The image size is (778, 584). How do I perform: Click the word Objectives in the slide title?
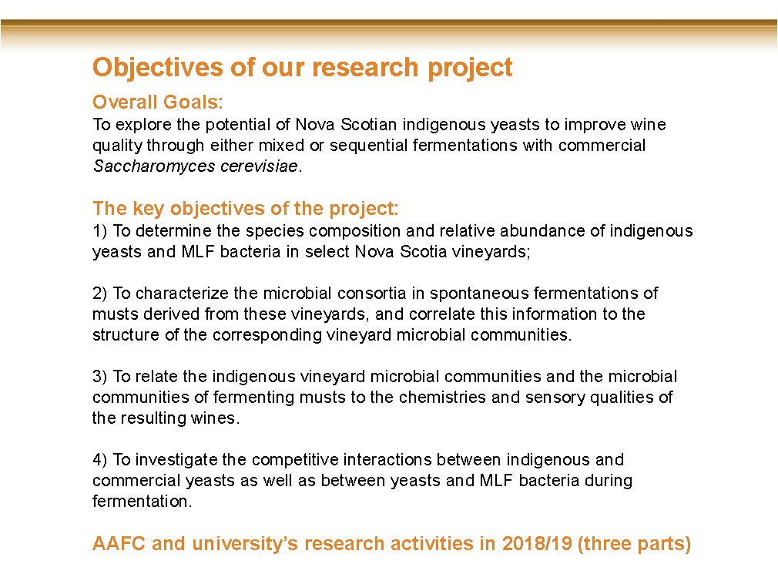(158, 68)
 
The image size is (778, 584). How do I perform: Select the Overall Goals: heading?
(158, 102)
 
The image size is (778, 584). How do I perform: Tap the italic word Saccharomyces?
(154, 166)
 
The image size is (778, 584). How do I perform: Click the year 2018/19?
(538, 543)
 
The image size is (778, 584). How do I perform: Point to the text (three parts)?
(635, 544)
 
